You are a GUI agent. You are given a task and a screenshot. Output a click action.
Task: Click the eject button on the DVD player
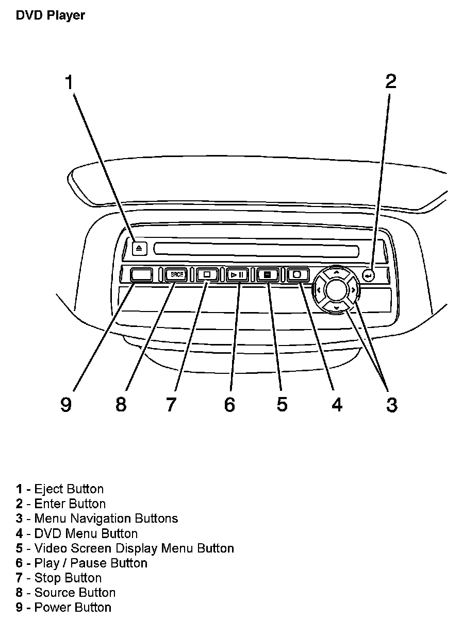[x=139, y=248]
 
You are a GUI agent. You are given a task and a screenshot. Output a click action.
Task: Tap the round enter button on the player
[x=368, y=275]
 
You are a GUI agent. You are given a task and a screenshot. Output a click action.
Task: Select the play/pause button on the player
[x=238, y=275]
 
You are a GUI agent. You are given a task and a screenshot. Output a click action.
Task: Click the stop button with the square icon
[x=207, y=275]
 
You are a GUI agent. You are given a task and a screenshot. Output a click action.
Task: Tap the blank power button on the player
[x=141, y=274]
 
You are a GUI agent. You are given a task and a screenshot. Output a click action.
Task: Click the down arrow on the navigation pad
[x=336, y=308]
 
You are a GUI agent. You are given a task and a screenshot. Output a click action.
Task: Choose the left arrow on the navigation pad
[x=319, y=290]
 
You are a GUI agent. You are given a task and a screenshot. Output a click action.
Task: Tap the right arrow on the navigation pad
[x=353, y=290]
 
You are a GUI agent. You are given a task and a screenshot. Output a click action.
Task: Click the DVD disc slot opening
[x=256, y=250]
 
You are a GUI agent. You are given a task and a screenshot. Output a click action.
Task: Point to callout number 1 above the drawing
[x=69, y=82]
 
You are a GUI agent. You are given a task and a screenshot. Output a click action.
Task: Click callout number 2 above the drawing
[x=391, y=81]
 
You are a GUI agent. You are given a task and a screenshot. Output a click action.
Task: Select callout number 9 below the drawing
[x=65, y=404]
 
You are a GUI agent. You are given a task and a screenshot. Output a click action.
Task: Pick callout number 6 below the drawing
[x=229, y=404]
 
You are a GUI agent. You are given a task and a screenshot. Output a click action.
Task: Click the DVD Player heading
[x=50, y=15]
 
